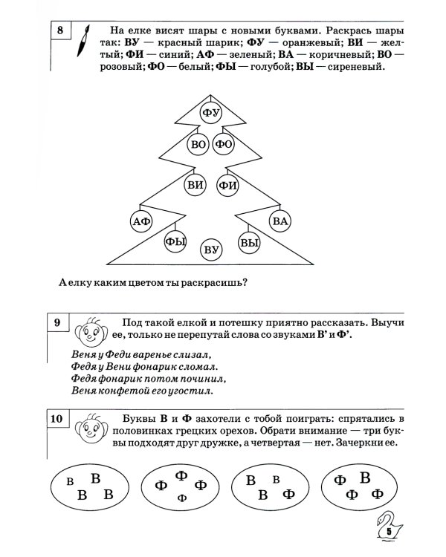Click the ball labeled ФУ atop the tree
point(212,113)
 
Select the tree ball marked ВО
point(198,145)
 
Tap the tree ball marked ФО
point(224,145)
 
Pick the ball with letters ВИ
point(195,184)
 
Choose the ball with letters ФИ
point(228,184)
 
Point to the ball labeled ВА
point(279,220)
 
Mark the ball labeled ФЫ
point(175,241)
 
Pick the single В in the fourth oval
point(365,477)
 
